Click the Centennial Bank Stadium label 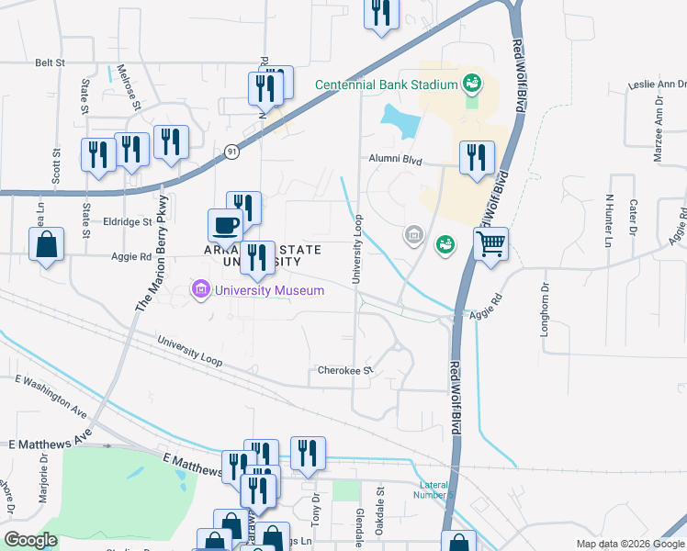[x=386, y=84]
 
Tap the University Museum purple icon [x=198, y=291]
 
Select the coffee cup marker [x=225, y=226]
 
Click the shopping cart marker [x=491, y=245]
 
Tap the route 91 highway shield [x=231, y=152]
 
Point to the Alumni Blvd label [x=396, y=160]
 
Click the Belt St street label [x=51, y=62]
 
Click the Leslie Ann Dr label [x=658, y=84]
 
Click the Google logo [x=30, y=540]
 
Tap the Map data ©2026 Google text [x=629, y=544]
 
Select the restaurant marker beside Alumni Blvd [x=476, y=158]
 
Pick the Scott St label [x=56, y=166]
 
